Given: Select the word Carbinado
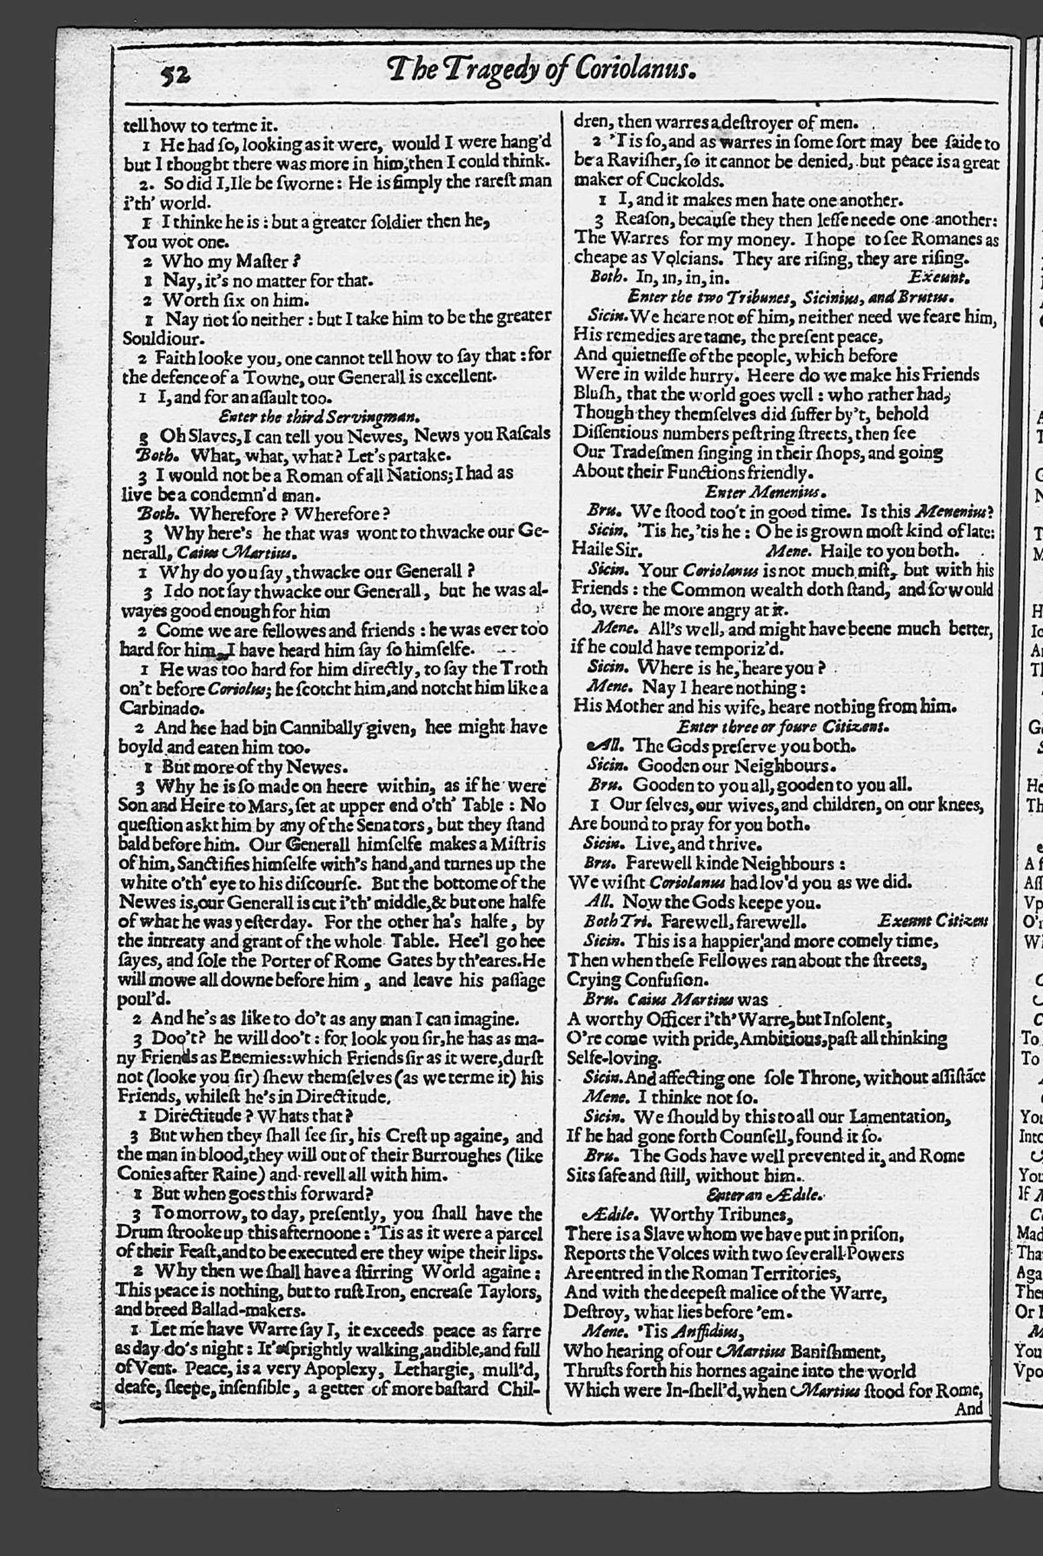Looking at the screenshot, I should [155, 708].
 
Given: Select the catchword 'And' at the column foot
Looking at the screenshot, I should [967, 1409].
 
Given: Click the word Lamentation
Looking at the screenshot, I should [892, 1116].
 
